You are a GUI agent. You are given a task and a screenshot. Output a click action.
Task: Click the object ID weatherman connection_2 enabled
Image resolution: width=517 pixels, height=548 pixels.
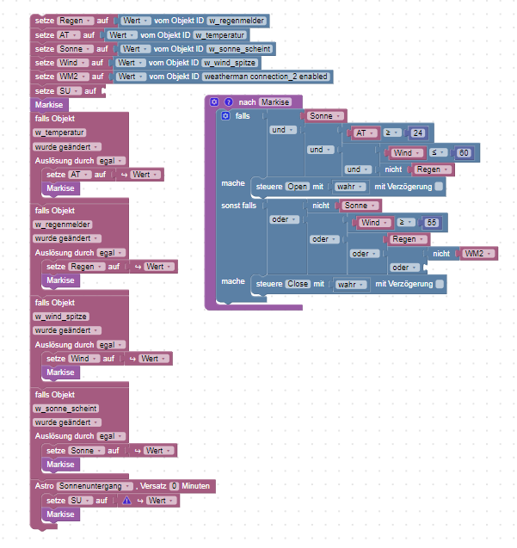(x=267, y=77)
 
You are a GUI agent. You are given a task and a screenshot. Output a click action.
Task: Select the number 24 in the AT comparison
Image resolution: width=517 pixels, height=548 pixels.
(x=418, y=132)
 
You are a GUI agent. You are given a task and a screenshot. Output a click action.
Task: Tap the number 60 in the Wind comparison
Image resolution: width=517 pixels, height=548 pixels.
(x=465, y=151)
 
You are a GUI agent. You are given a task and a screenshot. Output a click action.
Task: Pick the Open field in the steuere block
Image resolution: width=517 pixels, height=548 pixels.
(x=298, y=186)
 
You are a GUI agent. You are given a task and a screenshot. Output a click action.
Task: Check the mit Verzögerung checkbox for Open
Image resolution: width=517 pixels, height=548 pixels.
(x=439, y=186)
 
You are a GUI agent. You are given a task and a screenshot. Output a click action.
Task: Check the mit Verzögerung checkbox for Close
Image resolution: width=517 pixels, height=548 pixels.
(x=440, y=284)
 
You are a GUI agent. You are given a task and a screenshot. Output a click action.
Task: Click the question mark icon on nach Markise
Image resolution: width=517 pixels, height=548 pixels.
(x=229, y=102)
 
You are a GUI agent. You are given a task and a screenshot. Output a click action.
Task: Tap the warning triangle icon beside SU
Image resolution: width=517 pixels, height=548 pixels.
(x=126, y=500)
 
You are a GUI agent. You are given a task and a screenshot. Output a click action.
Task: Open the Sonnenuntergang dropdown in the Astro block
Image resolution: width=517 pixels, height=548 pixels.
(x=95, y=486)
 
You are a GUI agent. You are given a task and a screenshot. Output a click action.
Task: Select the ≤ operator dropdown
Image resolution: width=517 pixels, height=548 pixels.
(x=437, y=151)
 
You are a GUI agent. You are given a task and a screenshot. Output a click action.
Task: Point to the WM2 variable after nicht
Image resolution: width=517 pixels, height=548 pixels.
(x=477, y=253)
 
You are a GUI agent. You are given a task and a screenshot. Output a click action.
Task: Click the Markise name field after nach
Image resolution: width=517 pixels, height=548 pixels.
(x=275, y=102)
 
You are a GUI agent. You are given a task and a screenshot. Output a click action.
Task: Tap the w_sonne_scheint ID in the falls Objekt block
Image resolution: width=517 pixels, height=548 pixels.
(x=65, y=408)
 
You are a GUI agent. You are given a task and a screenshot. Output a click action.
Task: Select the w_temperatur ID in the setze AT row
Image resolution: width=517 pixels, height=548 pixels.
(x=220, y=35)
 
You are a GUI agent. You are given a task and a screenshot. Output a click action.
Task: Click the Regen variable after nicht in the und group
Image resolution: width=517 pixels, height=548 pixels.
(x=434, y=169)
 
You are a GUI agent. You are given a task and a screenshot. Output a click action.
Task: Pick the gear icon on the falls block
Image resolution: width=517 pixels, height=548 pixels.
(x=225, y=115)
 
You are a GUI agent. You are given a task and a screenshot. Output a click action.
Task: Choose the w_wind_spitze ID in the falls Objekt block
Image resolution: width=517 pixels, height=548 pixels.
(x=62, y=317)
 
